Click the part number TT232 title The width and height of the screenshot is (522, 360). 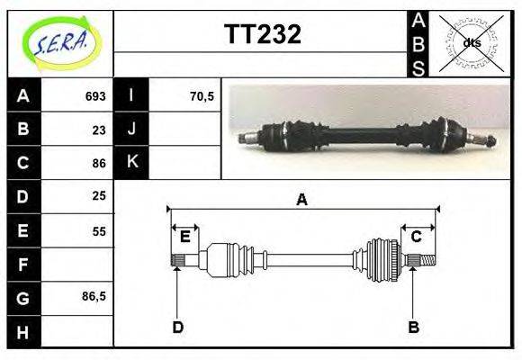263,34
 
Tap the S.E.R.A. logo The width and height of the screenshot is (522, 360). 61,43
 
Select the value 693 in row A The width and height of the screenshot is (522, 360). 95,96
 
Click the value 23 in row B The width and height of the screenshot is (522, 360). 99,130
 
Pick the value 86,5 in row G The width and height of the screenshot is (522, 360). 94,296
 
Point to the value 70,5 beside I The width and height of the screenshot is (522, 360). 202,96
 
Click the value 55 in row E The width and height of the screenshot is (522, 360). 99,231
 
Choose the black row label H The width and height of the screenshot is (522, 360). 23,332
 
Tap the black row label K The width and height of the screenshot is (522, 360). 131,162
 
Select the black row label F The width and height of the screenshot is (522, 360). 23,265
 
